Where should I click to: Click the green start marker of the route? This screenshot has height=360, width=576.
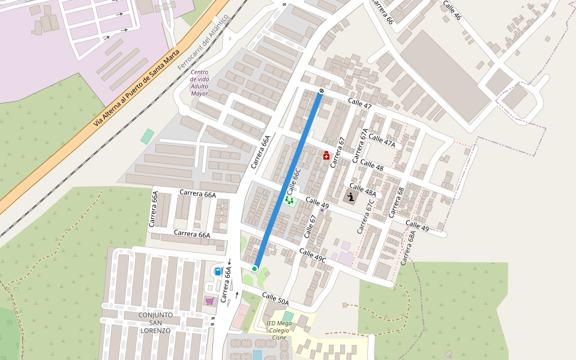click(x=254, y=269)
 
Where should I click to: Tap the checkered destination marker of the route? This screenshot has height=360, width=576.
click(x=322, y=91)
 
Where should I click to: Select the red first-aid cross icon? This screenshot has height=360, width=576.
click(x=326, y=156)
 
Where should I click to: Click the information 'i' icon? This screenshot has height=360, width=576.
click(x=350, y=196)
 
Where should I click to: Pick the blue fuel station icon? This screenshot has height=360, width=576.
click(x=218, y=271)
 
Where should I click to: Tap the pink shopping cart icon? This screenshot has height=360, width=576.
click(x=209, y=301)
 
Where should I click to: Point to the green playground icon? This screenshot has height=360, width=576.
click(x=290, y=200)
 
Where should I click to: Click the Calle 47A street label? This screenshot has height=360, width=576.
click(x=382, y=140)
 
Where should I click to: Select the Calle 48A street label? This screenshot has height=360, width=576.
click(x=362, y=190)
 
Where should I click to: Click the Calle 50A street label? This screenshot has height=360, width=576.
click(x=275, y=298)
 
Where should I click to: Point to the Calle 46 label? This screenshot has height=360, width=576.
click(x=452, y=10)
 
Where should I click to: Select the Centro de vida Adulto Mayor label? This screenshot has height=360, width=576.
click(x=199, y=83)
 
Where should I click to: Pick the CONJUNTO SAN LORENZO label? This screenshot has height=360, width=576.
click(x=155, y=322)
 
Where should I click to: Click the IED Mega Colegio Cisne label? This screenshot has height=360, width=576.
click(x=279, y=330)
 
